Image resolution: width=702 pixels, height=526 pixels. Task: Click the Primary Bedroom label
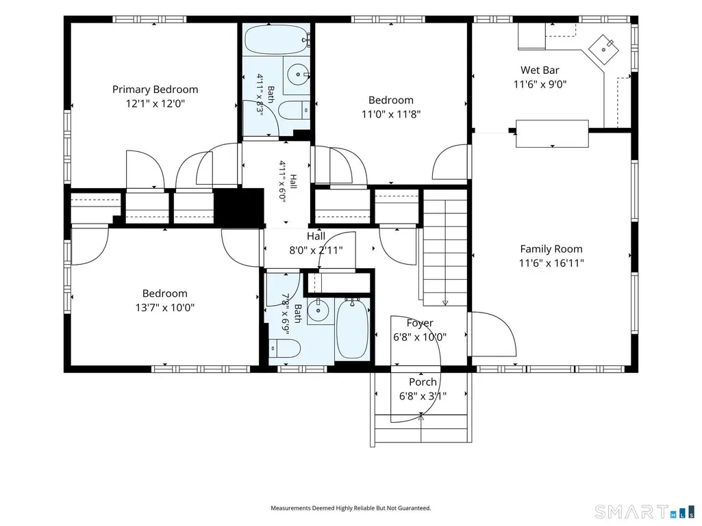click(155, 90)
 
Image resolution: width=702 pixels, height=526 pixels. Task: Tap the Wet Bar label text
click(540, 70)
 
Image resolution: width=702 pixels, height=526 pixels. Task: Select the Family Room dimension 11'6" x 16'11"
click(551, 263)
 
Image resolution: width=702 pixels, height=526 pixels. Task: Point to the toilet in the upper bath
click(294, 110)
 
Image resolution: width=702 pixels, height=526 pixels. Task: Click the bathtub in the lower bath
click(352, 329)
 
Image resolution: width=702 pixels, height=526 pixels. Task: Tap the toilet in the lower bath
click(285, 348)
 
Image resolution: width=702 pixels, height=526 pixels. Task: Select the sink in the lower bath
click(319, 310)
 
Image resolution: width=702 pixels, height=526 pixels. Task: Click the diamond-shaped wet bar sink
click(603, 49)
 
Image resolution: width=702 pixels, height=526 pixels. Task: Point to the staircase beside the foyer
click(445, 248)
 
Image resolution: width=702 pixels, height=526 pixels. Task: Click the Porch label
click(423, 382)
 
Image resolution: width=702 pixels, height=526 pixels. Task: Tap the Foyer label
click(420, 323)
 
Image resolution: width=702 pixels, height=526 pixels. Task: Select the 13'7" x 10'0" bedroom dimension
click(165, 308)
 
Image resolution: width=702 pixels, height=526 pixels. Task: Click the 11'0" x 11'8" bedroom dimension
click(391, 114)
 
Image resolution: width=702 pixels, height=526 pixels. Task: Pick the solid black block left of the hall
click(240, 207)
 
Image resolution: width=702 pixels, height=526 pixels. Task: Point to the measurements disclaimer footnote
click(351, 508)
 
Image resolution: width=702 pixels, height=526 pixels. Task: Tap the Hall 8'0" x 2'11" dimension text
click(316, 250)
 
